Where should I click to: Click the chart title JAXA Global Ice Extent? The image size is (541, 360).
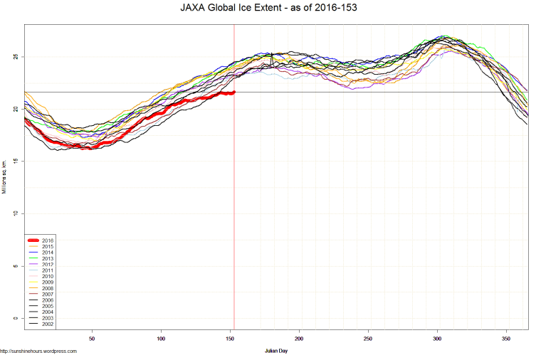[270, 9]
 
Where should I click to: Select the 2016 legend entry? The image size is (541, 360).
[47, 240]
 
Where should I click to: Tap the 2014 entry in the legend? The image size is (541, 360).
[47, 253]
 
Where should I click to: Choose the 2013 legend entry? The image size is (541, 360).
[47, 258]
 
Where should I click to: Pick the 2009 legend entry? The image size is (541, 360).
[47, 282]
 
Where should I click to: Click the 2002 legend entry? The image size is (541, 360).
[47, 324]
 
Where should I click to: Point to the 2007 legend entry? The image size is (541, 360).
[47, 295]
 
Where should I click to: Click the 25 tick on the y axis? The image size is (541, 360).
[16, 57]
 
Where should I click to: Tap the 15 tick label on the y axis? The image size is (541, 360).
[16, 162]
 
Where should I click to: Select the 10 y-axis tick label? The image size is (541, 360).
[16, 213]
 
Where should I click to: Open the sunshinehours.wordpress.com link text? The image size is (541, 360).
[38, 351]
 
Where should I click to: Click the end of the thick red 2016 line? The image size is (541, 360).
[233, 92]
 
